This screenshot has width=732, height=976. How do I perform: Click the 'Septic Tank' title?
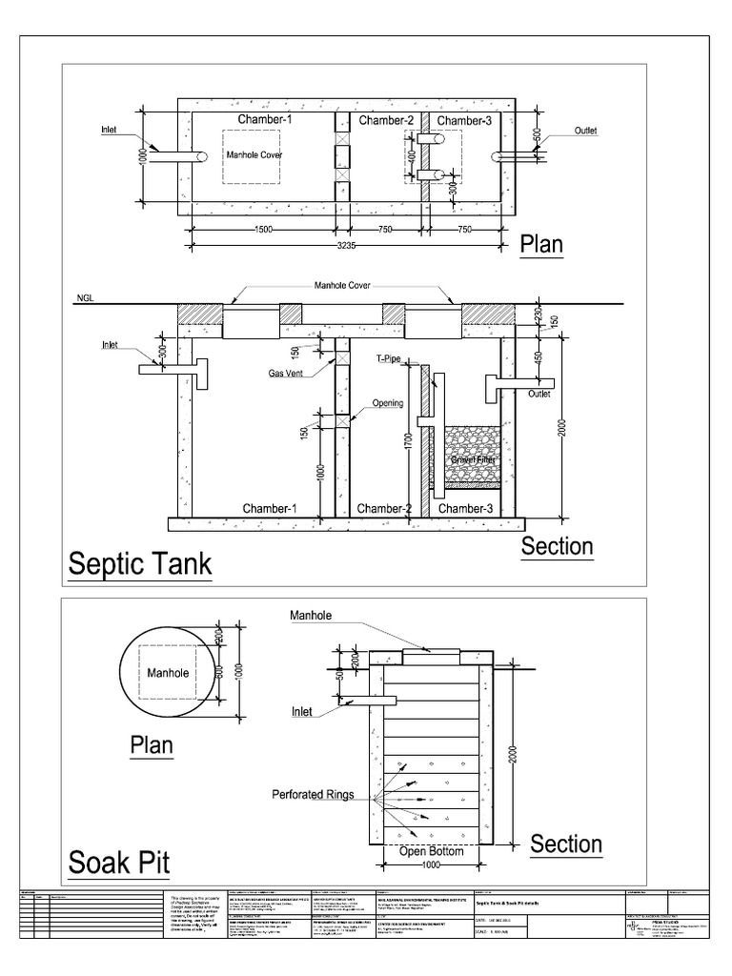click(139, 564)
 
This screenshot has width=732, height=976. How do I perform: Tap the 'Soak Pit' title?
click(119, 864)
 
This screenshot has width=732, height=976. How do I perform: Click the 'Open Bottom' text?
click(432, 851)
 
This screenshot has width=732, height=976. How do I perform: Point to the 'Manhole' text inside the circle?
click(169, 673)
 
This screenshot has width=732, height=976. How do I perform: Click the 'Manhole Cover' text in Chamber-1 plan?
click(254, 153)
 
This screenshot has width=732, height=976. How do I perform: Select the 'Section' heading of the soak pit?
click(566, 844)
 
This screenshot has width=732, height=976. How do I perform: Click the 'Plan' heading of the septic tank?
click(541, 244)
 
